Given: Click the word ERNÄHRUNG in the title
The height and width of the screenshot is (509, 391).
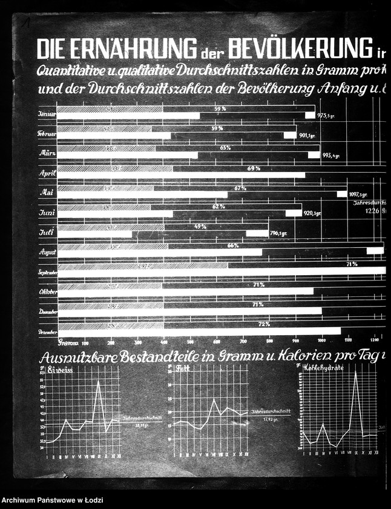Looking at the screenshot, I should [x=139, y=48].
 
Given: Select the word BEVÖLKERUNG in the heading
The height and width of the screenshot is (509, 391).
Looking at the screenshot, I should [x=300, y=47].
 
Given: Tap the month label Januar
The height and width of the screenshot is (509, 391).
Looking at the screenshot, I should [x=47, y=114].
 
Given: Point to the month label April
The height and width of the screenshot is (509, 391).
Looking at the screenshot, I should [x=48, y=173].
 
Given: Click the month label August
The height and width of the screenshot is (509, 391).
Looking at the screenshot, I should [x=47, y=251].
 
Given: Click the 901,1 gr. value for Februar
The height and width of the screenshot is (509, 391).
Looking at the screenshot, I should [x=310, y=135].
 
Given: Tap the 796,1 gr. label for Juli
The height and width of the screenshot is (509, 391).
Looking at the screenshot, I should [x=279, y=233].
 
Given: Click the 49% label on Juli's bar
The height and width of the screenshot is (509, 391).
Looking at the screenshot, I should [x=200, y=227].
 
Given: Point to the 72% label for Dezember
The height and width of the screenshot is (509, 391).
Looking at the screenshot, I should [x=264, y=324].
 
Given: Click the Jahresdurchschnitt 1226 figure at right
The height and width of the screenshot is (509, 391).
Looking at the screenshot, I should [x=373, y=211].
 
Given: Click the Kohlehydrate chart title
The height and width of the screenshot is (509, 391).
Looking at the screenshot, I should [x=327, y=368].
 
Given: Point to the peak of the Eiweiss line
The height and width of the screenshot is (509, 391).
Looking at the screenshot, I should [x=98, y=381].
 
